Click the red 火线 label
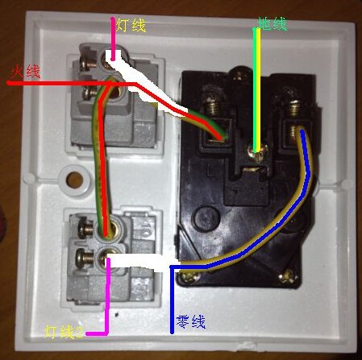[x=25, y=72]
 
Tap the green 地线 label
[x=272, y=23]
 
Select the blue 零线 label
[x=190, y=321]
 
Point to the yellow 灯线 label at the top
[x=131, y=26]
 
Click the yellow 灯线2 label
[x=64, y=332]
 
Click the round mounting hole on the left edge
[x=74, y=180]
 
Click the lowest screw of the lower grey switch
[x=84, y=259]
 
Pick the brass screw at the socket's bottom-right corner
[x=289, y=276]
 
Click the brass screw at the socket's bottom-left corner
[x=188, y=277]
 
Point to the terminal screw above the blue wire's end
[x=295, y=107]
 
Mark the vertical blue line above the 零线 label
[x=172, y=300]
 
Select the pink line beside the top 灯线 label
[x=113, y=39]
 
